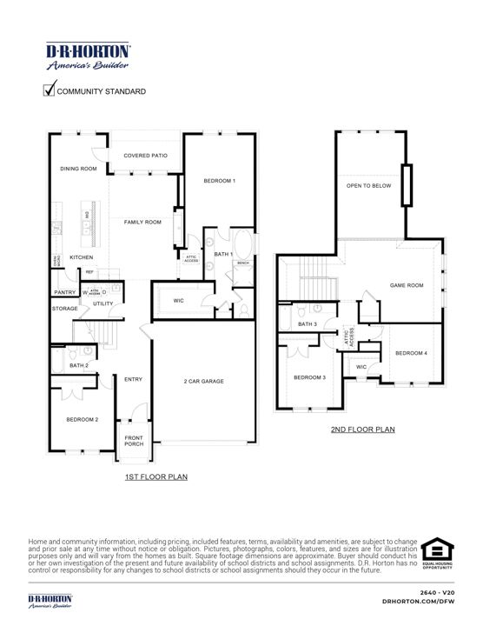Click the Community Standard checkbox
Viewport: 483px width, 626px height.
coord(50,89)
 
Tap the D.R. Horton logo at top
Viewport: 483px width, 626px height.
coord(88,55)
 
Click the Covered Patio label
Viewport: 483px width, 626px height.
coord(145,156)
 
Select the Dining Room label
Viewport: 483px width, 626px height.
coord(78,169)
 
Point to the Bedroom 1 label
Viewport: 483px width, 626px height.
coord(220,181)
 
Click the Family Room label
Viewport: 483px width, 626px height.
coord(142,223)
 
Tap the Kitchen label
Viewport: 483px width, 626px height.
coord(82,257)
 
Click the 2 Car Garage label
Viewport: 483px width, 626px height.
coord(205,382)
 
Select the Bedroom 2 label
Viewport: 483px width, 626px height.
coord(83,419)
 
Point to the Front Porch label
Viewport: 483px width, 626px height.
coord(134,441)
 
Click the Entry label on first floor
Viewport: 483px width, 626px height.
coord(133,379)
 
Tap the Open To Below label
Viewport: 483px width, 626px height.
coord(368,186)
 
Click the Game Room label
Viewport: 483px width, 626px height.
coord(406,285)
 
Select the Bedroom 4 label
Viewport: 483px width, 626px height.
coord(412,353)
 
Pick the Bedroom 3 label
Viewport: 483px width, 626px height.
coord(309,377)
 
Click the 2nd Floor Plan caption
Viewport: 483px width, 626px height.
coord(362,430)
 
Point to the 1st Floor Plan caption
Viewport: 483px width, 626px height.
coord(155,476)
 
